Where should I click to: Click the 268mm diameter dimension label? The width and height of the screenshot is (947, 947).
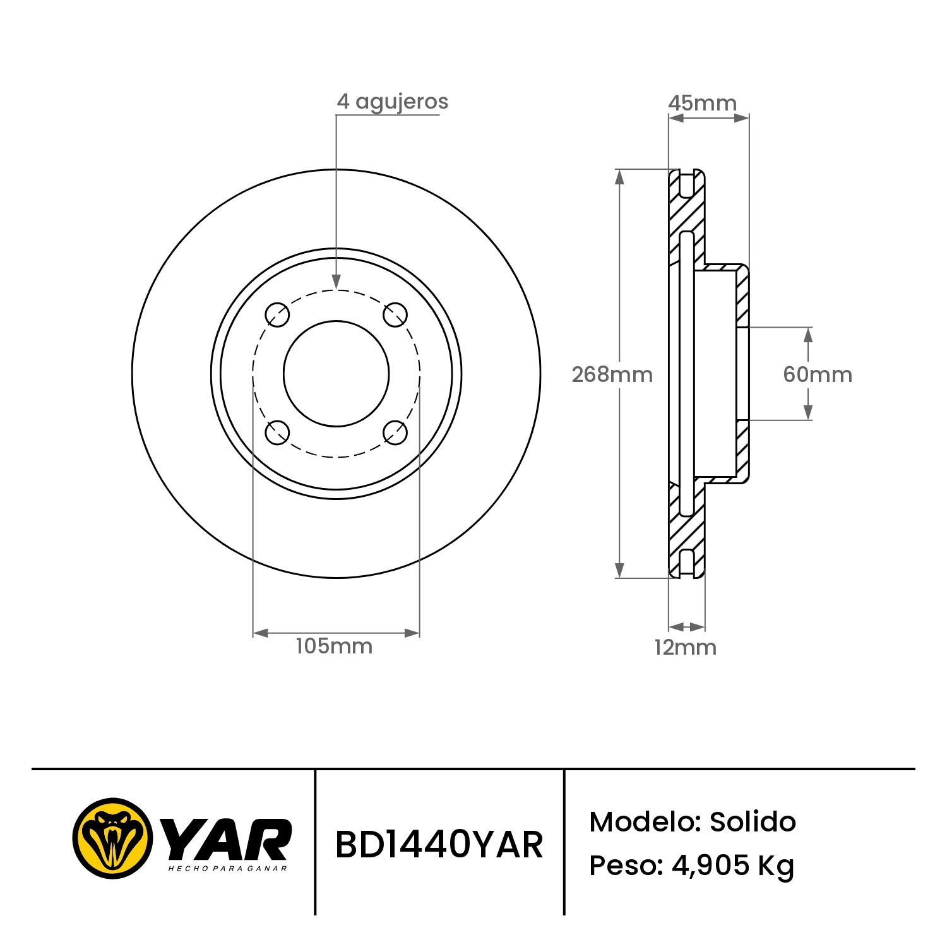[612, 374]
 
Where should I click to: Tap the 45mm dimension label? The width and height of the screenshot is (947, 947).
[702, 102]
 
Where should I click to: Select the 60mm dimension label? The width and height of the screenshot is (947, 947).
[818, 374]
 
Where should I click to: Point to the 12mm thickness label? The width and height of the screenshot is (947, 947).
[685, 647]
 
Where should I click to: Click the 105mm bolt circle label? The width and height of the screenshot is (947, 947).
[334, 646]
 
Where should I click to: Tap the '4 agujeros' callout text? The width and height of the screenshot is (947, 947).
[392, 102]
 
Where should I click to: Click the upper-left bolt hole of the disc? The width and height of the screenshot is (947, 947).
[277, 314]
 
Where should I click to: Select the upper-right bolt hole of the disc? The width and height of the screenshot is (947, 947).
[395, 314]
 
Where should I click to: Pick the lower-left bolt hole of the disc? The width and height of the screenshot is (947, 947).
[277, 432]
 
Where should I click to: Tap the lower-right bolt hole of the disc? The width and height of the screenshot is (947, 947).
[395, 432]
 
